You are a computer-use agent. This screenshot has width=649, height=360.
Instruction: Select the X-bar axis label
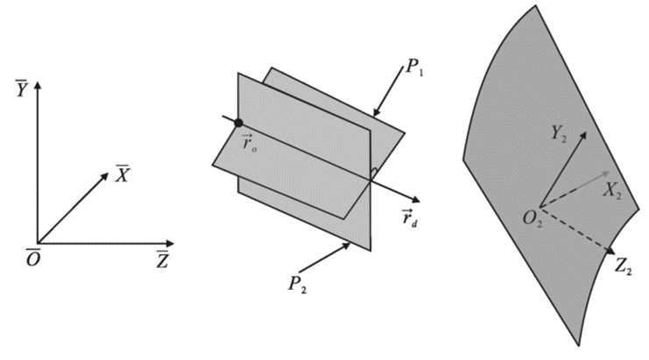point(123,173)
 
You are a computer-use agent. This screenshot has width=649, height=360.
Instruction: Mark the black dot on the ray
point(238,122)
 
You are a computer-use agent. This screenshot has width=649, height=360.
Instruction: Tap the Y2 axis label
point(561,134)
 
